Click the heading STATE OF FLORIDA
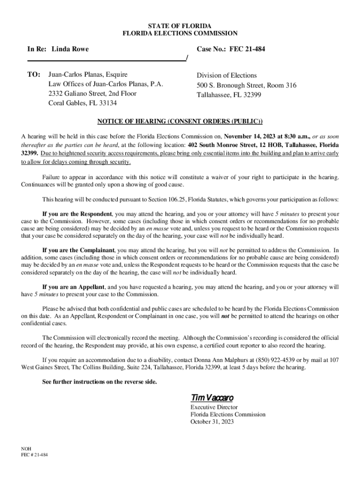click(180, 25)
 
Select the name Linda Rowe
click(70, 49)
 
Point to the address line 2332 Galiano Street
click(93, 94)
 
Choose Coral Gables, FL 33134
click(83, 103)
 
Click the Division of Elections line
click(227, 75)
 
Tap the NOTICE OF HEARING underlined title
click(180, 122)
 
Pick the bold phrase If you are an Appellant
click(73, 287)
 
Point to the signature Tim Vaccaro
click(212, 398)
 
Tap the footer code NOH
click(27, 448)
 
